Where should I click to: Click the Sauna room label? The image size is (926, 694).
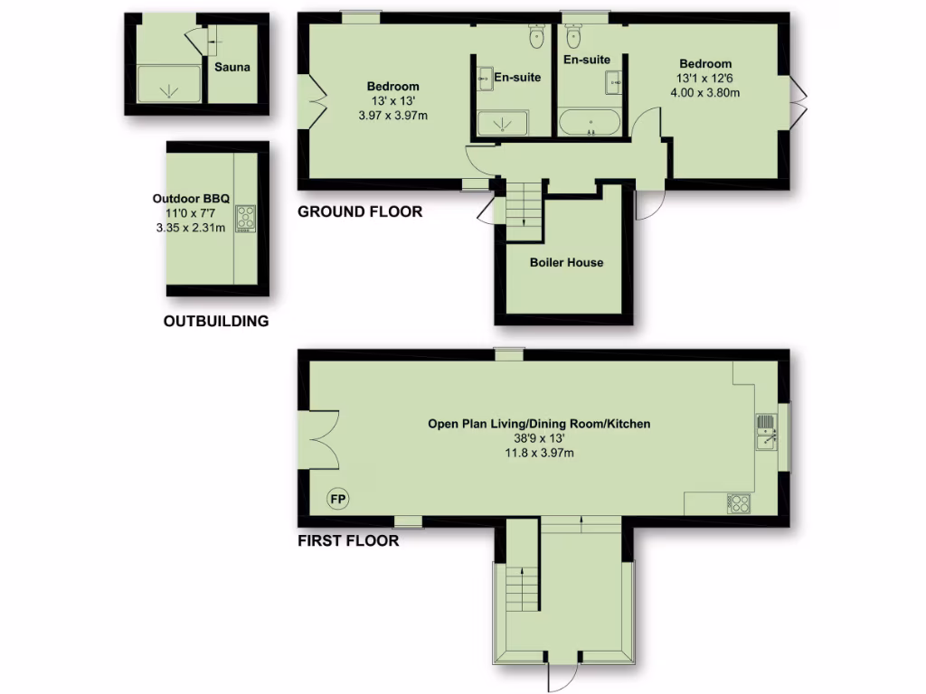[x=232, y=67]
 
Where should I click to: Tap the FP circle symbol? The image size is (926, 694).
[x=337, y=499]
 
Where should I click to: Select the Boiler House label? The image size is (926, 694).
[x=566, y=263]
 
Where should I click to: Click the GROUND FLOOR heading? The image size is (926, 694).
[x=360, y=212]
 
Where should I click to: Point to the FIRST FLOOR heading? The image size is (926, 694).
[x=348, y=541]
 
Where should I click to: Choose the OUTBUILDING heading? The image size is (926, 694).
[x=216, y=321]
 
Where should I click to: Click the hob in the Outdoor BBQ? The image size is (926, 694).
[x=246, y=218]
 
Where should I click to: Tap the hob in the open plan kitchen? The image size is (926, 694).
[x=739, y=503]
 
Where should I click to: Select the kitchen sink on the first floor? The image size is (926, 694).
[x=766, y=431]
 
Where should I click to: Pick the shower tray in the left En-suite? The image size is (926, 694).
[x=501, y=123]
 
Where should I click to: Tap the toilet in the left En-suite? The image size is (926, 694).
[x=536, y=34]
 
